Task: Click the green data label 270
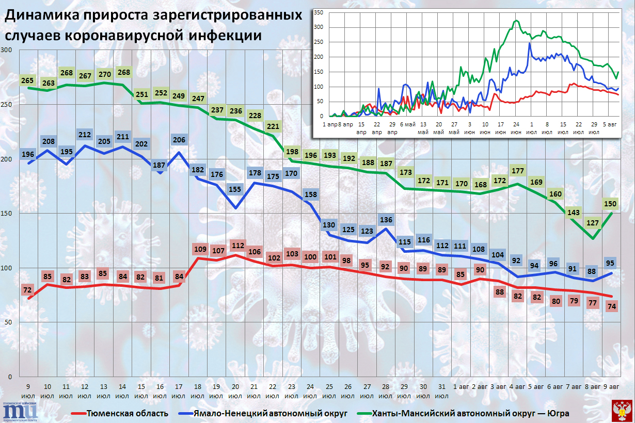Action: (103, 73)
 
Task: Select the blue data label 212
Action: (85, 136)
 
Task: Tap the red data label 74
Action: (612, 306)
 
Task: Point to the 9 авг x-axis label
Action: (612, 386)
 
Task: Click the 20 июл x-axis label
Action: (235, 391)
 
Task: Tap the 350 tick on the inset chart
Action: (318, 12)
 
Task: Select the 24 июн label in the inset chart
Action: (516, 128)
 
